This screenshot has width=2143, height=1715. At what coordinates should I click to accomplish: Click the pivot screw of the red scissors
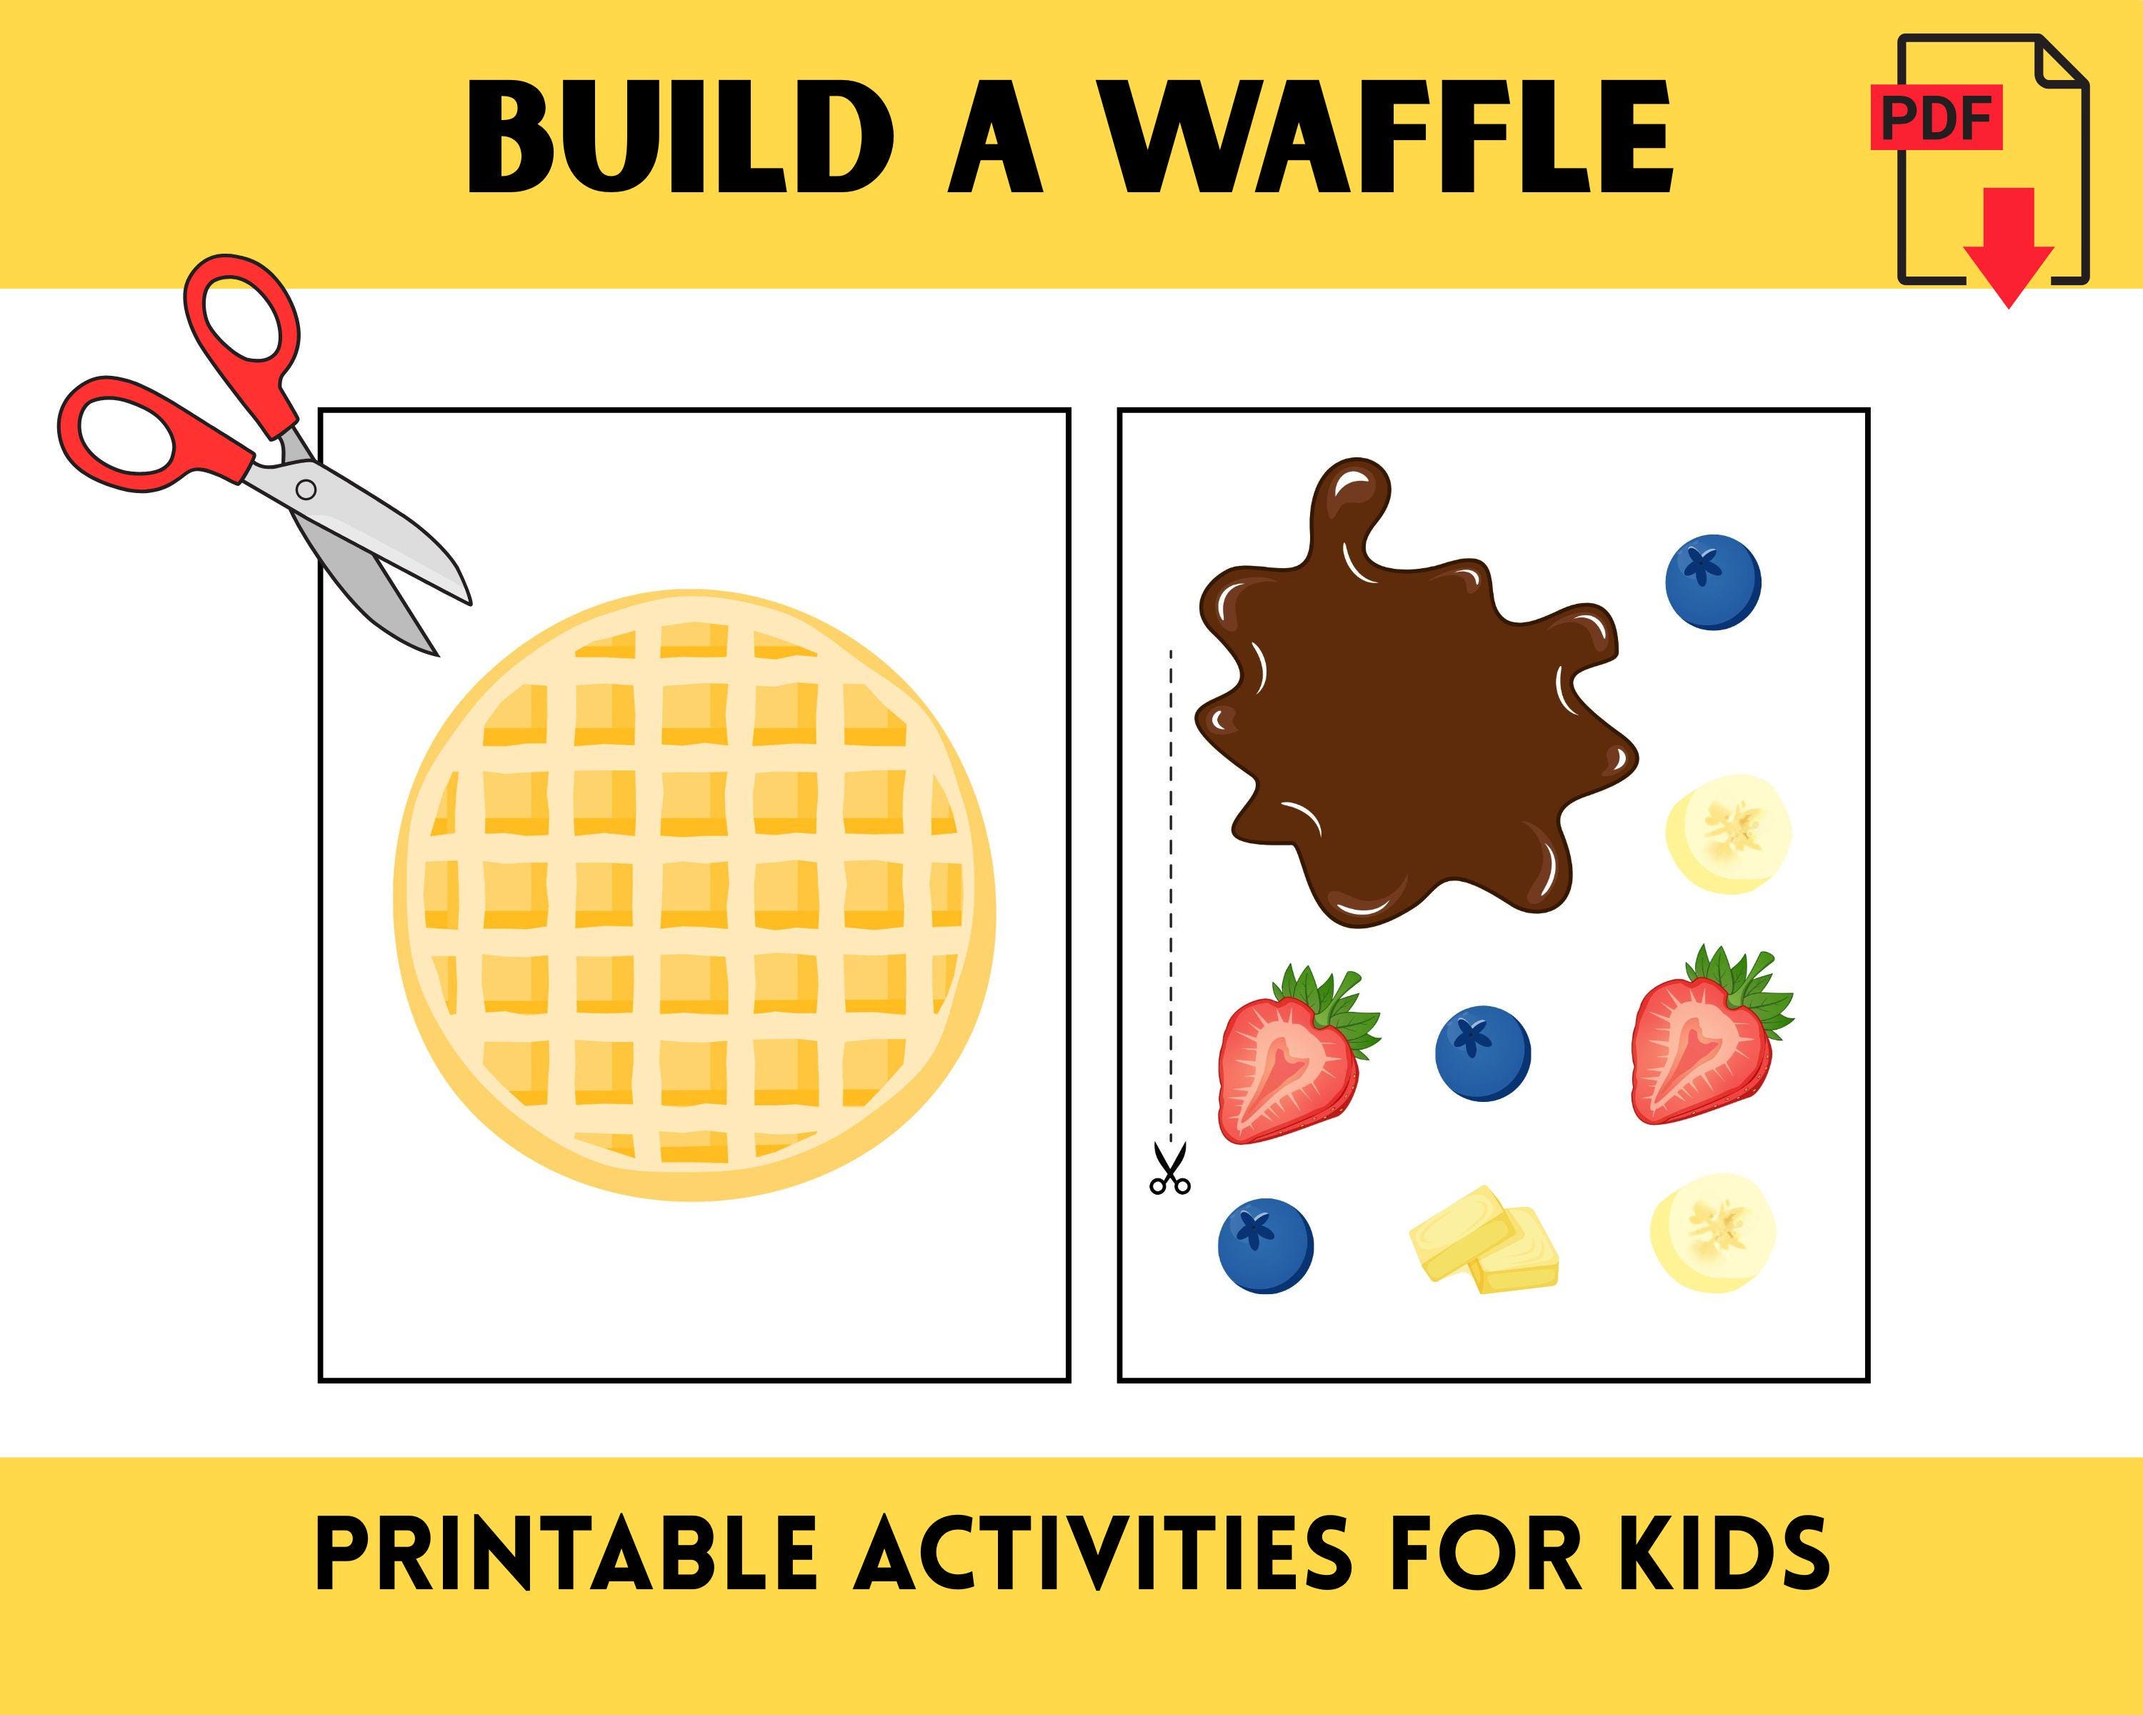(x=306, y=489)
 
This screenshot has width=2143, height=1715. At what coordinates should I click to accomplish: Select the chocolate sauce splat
(x=1402, y=726)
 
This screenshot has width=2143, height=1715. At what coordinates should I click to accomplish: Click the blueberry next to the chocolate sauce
(x=1712, y=582)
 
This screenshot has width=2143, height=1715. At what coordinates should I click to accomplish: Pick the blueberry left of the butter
(x=1265, y=1246)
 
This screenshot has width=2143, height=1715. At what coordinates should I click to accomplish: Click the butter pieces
(x=1484, y=1240)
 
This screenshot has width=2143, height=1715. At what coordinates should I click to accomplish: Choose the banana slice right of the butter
(x=1712, y=1233)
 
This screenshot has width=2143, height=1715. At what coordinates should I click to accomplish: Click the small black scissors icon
(x=1169, y=1170)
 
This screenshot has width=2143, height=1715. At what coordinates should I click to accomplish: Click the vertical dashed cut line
(x=1171, y=895)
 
